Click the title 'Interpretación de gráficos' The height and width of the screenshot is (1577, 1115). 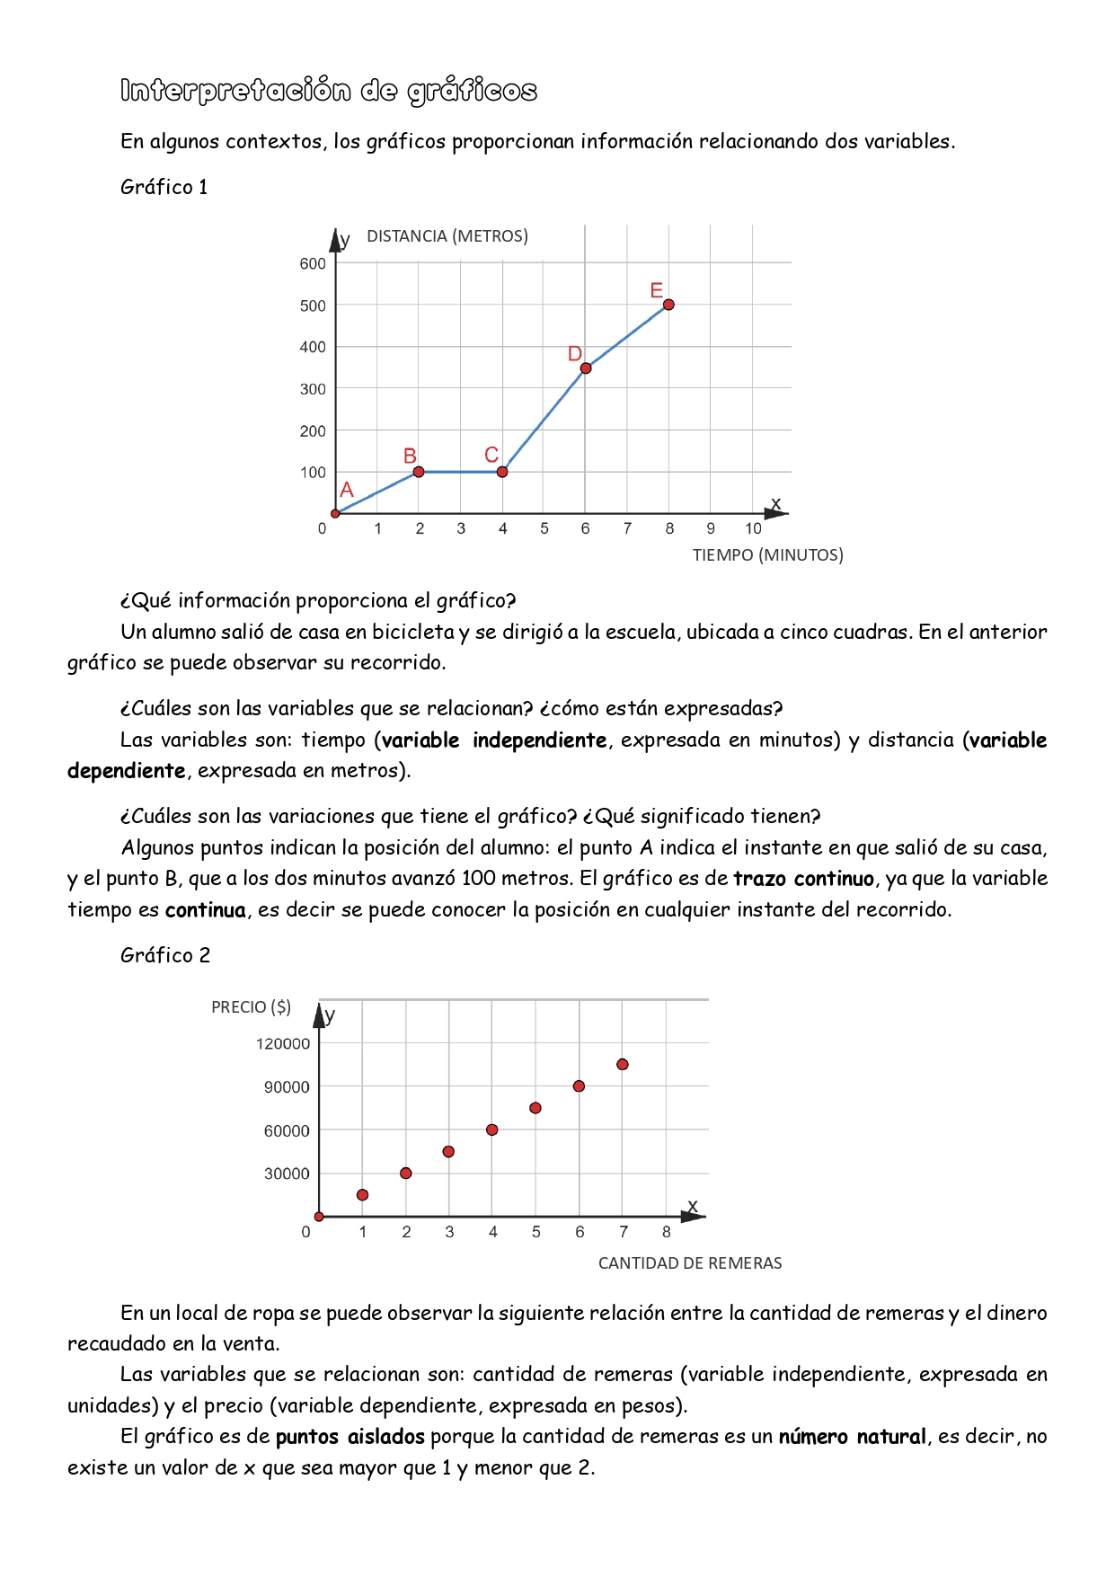coord(329,91)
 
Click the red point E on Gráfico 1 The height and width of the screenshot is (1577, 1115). coord(668,305)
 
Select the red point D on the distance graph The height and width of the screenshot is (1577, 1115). coord(586,368)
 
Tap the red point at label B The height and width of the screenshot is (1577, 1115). coord(419,472)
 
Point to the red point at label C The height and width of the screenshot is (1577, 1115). coord(502,472)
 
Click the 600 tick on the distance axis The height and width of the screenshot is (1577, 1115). coord(313,263)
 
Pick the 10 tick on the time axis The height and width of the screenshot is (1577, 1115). coord(753,528)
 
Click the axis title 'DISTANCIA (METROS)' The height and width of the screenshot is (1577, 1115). coord(447,236)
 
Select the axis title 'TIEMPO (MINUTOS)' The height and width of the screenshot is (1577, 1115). coord(767,555)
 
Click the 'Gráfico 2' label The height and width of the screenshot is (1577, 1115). coord(165,955)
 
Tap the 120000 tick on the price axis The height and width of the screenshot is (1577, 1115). coord(283,1043)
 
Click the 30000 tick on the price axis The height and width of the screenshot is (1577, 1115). coord(287,1174)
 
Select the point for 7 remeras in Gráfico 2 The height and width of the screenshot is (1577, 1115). coord(623,1065)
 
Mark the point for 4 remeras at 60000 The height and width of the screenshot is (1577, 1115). coord(492,1130)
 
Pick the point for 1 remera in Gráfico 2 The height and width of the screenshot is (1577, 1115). coord(362,1195)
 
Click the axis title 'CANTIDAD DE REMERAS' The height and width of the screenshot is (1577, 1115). coord(690,1263)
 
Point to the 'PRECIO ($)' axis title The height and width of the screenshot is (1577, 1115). coord(252,1007)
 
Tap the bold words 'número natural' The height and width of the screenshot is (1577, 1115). coord(852,1437)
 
